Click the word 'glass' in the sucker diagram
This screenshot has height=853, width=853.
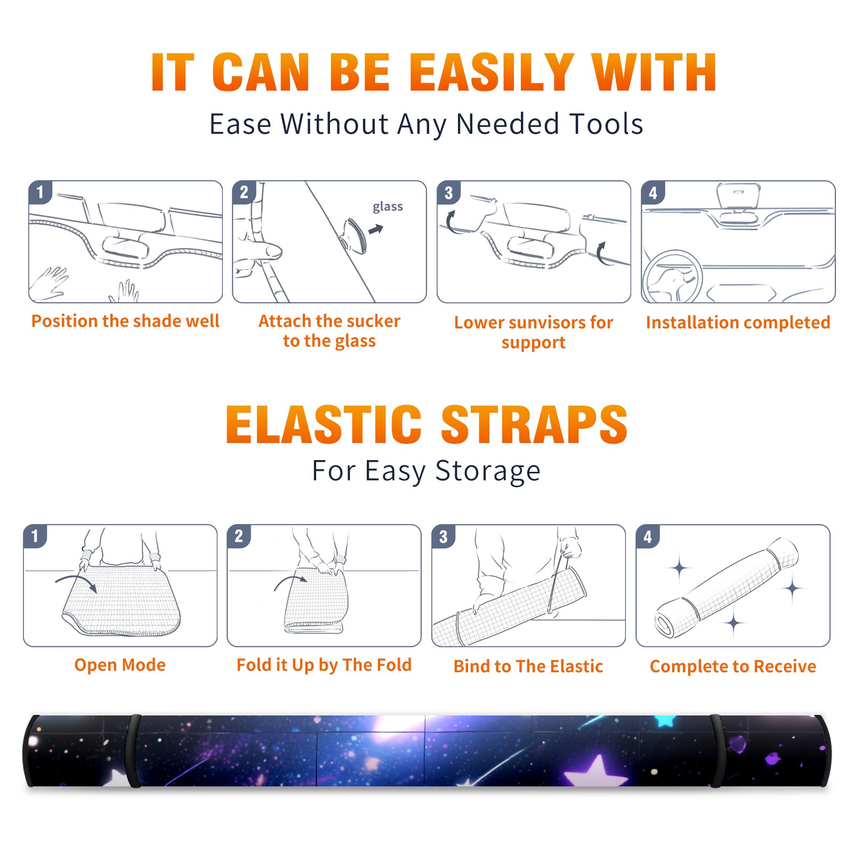pyautogui.click(x=388, y=207)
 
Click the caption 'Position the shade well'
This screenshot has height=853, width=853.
pyautogui.click(x=125, y=321)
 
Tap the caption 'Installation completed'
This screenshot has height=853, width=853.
pyautogui.click(x=738, y=323)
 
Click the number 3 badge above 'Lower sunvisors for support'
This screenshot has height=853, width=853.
pyautogui.click(x=448, y=192)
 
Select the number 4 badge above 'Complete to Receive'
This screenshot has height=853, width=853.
pyautogui.click(x=648, y=536)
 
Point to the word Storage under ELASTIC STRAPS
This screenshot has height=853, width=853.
pyautogui.click(x=488, y=471)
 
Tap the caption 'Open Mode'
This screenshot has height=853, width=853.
pyautogui.click(x=120, y=665)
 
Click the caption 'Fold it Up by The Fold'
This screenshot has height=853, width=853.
pyautogui.click(x=324, y=665)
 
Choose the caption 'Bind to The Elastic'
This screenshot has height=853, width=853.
pyautogui.click(x=528, y=666)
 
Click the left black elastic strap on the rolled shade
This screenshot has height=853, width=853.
pyautogui.click(x=134, y=751)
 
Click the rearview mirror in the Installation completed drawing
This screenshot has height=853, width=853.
pyautogui.click(x=738, y=196)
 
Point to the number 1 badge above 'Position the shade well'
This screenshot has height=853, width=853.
pyautogui.click(x=40, y=192)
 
